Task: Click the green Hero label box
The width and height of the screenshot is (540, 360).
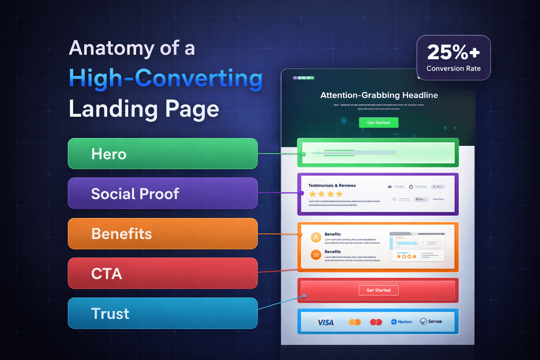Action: [x=162, y=154]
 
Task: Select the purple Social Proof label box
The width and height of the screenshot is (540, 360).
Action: [x=162, y=193]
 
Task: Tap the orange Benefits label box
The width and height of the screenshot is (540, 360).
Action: [x=162, y=233]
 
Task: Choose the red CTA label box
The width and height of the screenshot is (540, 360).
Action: [x=162, y=273]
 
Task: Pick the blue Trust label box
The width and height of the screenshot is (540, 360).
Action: [x=162, y=313]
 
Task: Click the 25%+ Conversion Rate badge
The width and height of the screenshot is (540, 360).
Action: [x=454, y=58]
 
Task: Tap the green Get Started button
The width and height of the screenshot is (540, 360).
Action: [x=378, y=123]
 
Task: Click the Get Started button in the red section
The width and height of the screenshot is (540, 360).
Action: [x=378, y=290]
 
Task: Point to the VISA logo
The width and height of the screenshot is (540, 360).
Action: [x=326, y=322]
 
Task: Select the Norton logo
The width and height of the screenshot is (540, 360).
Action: [x=401, y=322]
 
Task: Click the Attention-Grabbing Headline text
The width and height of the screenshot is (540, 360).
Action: [x=379, y=95]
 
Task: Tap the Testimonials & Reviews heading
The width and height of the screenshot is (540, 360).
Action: [x=332, y=186]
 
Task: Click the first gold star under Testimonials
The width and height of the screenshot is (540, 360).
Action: [x=312, y=194]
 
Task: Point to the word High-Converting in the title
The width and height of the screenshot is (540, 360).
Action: [x=166, y=78]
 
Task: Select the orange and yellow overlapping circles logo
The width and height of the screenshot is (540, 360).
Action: [x=354, y=322]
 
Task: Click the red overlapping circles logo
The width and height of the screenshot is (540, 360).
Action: [x=376, y=322]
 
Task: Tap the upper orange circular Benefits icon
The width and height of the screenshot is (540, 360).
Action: [x=316, y=238]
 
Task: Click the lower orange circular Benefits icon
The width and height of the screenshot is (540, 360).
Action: [x=316, y=255]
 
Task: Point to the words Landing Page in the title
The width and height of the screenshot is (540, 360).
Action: [x=144, y=109]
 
